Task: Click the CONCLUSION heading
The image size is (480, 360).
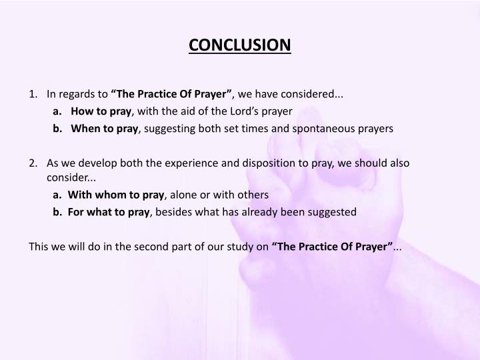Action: [240, 45]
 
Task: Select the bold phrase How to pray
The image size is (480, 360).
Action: [102, 111]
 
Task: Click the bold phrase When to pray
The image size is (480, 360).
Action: [104, 128]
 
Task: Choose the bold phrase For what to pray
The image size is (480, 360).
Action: [109, 212]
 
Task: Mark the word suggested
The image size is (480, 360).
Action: [332, 212]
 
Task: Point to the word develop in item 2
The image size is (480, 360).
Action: [101, 163]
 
